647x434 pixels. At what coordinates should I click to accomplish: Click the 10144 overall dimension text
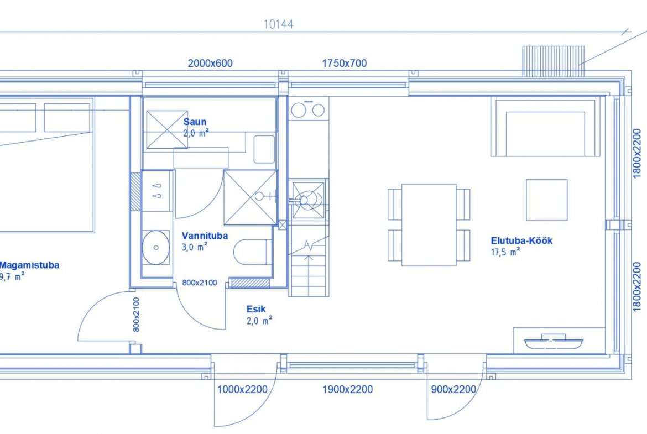(x=279, y=24)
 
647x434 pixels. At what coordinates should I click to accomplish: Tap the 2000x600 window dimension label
(x=210, y=63)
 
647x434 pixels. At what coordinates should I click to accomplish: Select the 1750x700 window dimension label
(x=344, y=63)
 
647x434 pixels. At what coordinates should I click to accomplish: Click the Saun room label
(x=195, y=122)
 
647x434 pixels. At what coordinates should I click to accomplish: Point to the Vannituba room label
(x=205, y=236)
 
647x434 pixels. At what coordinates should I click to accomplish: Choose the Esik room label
(x=256, y=308)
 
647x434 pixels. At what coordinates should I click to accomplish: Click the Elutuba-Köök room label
(x=521, y=240)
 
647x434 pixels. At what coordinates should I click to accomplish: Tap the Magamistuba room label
(x=29, y=265)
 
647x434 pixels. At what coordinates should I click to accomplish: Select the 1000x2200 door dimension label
(x=242, y=389)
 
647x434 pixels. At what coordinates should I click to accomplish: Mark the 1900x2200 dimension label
(x=347, y=389)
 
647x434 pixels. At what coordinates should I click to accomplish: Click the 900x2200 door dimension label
(x=453, y=389)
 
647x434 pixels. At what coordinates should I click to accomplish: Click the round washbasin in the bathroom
(x=155, y=248)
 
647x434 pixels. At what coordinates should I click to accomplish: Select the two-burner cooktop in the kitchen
(x=308, y=109)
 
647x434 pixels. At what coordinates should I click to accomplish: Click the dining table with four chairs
(x=429, y=225)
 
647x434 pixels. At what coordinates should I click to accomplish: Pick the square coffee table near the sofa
(x=546, y=200)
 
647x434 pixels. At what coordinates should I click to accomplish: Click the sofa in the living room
(x=545, y=127)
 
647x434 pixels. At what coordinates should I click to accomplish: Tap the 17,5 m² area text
(x=505, y=252)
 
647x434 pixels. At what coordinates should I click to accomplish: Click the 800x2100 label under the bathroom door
(x=199, y=283)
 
